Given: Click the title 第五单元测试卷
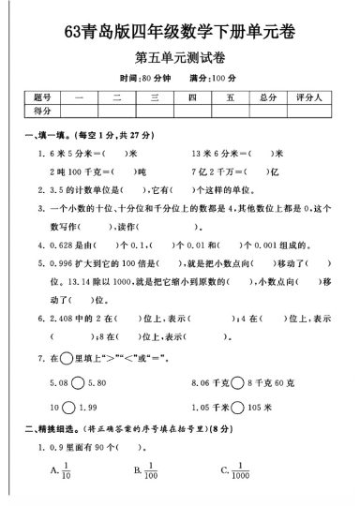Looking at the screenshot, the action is click(x=180, y=57).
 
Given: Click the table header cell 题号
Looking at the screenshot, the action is click(x=41, y=97).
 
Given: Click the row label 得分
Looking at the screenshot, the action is click(x=41, y=111).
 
